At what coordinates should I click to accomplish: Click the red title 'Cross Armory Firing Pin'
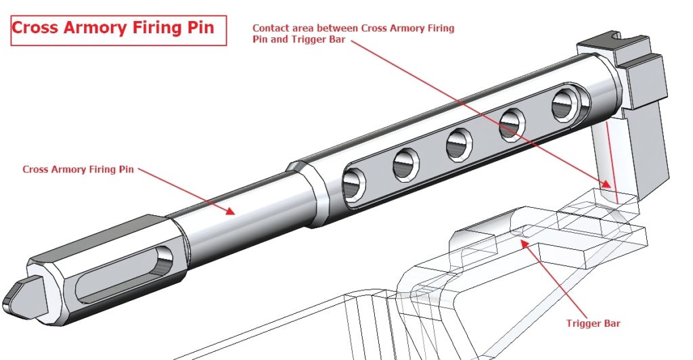(x=113, y=28)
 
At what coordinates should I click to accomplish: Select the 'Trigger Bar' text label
(x=593, y=323)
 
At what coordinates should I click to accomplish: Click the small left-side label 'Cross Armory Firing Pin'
(x=78, y=169)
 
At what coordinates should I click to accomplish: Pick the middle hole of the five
(x=460, y=143)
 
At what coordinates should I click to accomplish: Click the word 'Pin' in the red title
(x=200, y=28)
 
